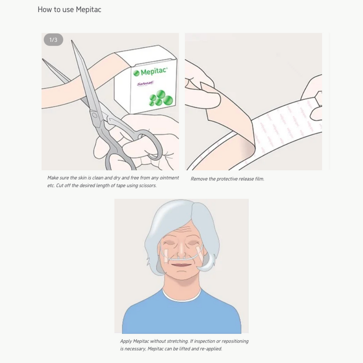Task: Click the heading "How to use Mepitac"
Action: (x=69, y=9)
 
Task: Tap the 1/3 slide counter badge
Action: (x=53, y=40)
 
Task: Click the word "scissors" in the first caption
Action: (x=147, y=186)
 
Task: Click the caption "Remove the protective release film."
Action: (x=227, y=179)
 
